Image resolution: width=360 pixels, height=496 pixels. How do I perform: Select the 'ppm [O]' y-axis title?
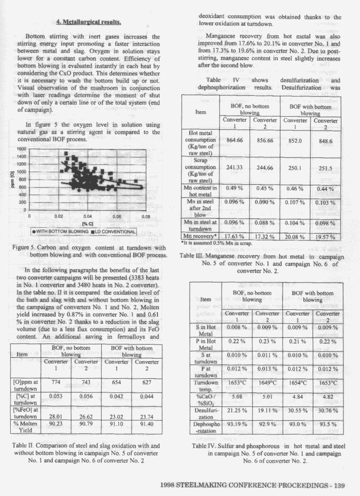(7, 179)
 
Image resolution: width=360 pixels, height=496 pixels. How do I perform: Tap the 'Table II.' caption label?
(24, 446)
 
